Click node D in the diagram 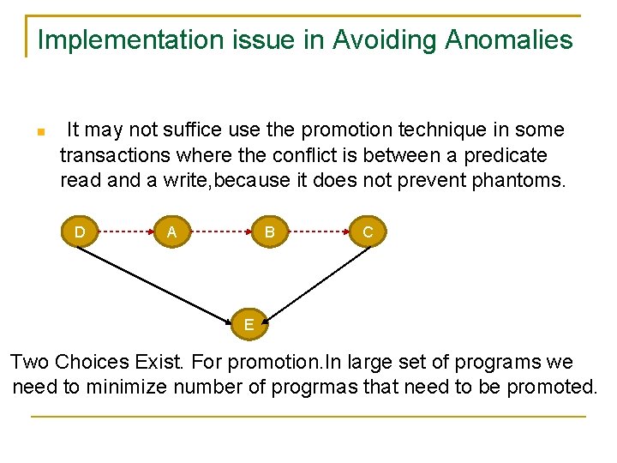[x=80, y=231]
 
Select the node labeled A [x=172, y=231]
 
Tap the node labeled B [x=270, y=231]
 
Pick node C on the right [x=368, y=231]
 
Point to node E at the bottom [x=249, y=324]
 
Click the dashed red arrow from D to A [x=126, y=231]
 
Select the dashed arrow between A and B [x=221, y=231]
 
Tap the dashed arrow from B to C [x=319, y=231]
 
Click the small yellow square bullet [x=39, y=133]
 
